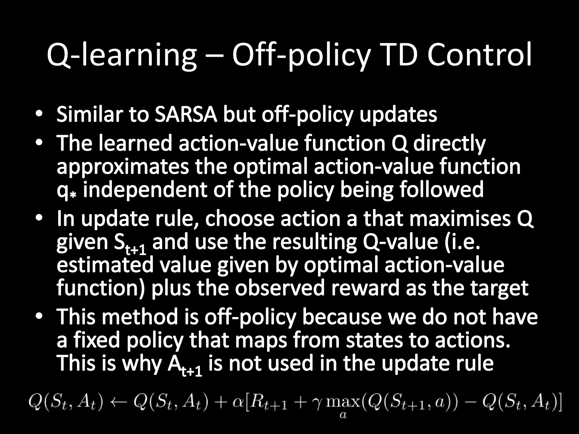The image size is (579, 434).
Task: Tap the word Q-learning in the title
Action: coord(122,55)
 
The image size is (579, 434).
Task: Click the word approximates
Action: coord(123,167)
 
